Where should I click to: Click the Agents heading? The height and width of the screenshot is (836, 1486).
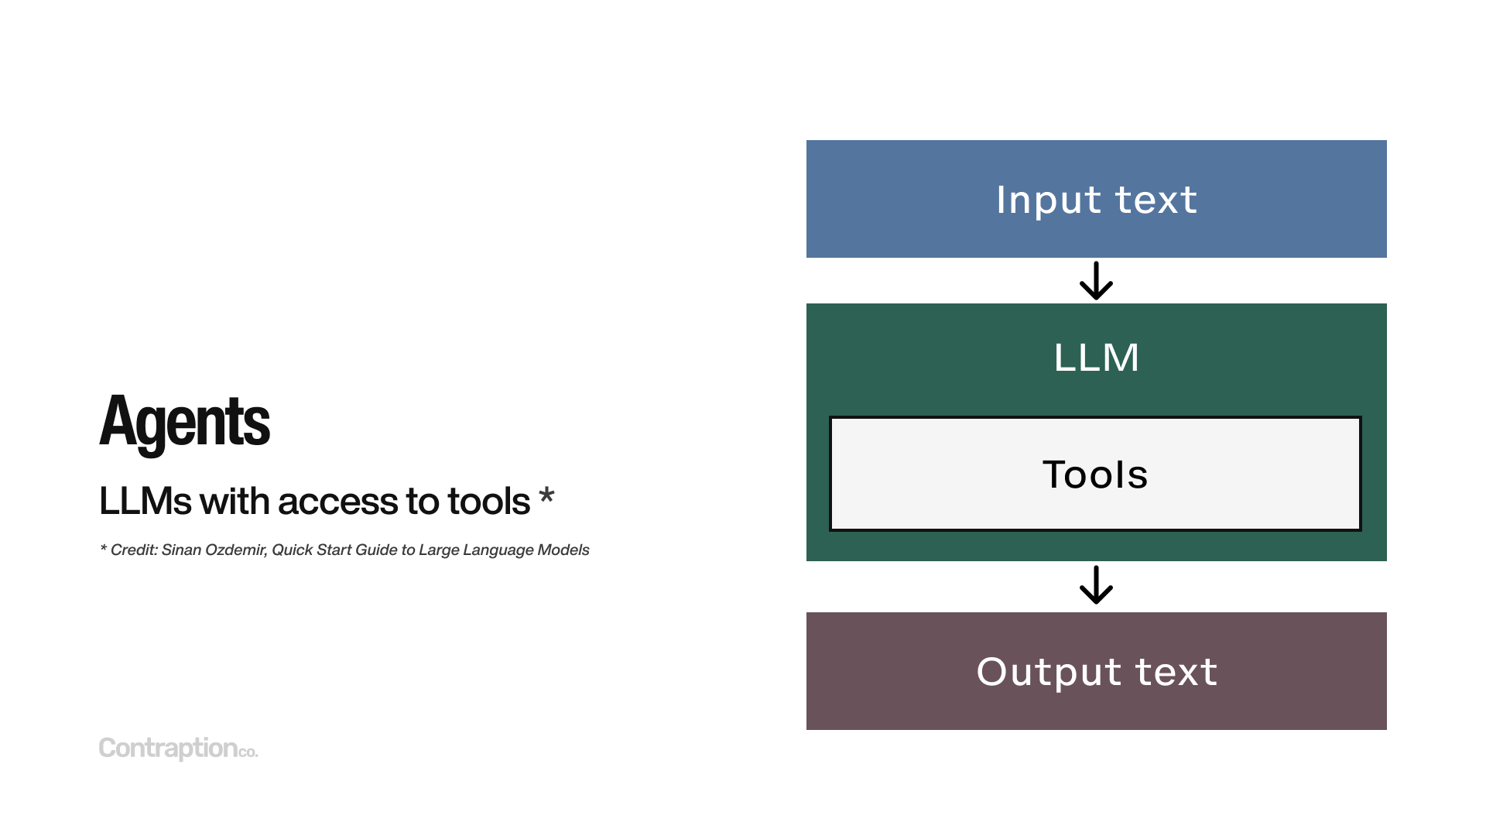(184, 422)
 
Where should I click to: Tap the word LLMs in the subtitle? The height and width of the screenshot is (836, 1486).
(145, 502)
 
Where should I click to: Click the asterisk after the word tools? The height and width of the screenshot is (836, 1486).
(546, 495)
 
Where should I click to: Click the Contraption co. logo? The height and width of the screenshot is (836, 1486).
(178, 748)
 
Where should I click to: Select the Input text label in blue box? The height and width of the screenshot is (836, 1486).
(1096, 200)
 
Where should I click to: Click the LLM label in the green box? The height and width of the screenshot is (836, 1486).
(1096, 358)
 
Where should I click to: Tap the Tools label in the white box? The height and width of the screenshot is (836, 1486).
(1095, 474)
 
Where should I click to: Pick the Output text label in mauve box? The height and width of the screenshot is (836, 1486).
(1096, 671)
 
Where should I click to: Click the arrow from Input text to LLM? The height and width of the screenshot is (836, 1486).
(1096, 281)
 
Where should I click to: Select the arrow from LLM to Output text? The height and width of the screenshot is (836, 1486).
(1096, 585)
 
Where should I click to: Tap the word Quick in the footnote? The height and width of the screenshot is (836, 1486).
(292, 550)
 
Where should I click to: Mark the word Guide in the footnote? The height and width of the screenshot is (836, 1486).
(376, 550)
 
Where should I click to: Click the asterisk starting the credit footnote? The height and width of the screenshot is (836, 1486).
(103, 548)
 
